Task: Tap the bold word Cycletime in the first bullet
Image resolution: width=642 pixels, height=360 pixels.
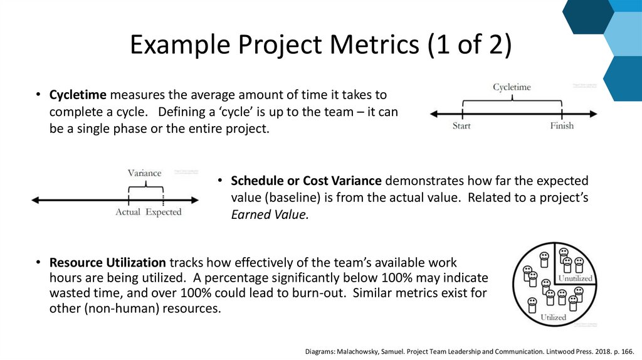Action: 79,95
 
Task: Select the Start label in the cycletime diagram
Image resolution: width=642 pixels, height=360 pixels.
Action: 462,126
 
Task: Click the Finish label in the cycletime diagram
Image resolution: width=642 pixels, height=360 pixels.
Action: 562,126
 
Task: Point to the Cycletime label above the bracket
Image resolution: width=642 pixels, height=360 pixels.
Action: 512,87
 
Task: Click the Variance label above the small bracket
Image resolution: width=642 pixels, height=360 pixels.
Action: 144,173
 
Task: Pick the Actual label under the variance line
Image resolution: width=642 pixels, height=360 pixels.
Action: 128,212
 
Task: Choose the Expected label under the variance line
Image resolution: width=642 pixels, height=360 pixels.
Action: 164,212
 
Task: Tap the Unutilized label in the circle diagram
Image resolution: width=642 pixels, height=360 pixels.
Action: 575,278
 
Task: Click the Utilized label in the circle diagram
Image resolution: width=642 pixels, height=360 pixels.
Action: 553,317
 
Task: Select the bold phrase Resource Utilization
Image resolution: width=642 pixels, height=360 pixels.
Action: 108,262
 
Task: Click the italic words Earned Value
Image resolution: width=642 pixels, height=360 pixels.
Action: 270,214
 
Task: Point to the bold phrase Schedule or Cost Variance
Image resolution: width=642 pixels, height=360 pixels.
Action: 306,181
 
